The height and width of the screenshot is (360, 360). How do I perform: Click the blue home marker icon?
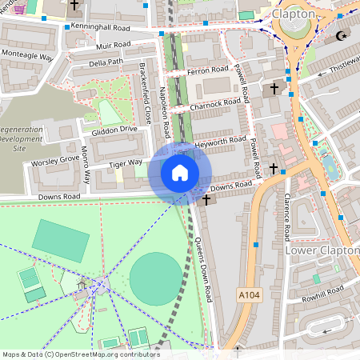click(180, 172)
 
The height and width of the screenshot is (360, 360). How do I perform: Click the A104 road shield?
click(250, 295)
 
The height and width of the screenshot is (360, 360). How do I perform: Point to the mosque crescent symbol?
click(342, 35)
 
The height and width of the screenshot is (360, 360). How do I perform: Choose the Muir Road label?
click(112, 46)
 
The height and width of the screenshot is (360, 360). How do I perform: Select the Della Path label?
click(106, 62)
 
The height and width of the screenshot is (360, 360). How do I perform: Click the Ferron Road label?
click(208, 70)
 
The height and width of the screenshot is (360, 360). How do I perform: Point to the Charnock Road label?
click(215, 102)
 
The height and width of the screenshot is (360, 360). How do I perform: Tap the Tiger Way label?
click(126, 163)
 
